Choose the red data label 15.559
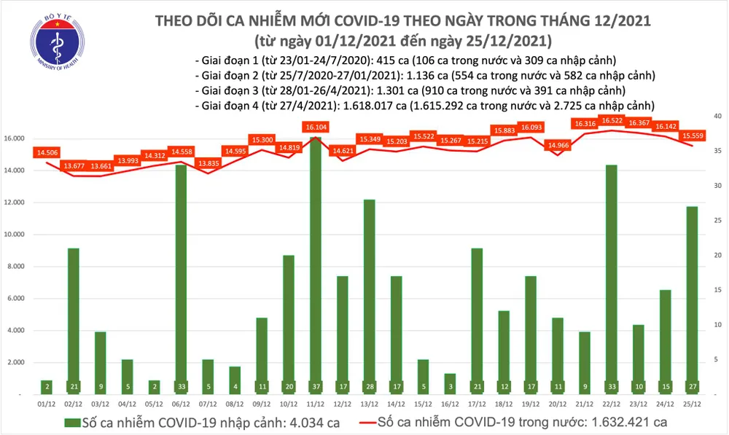tap(692, 135)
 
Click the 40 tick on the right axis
tap(717, 116)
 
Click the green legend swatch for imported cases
tap(71, 422)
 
